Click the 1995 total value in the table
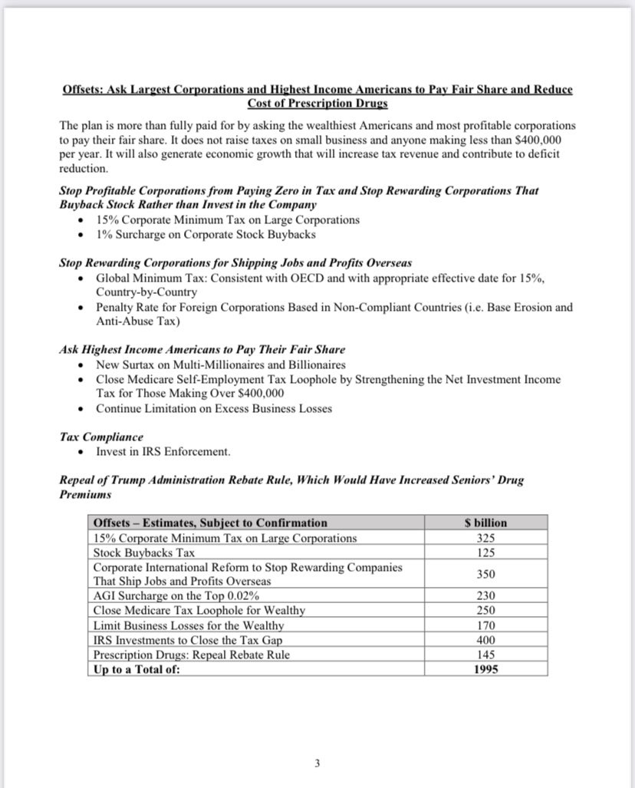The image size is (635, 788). pos(485,669)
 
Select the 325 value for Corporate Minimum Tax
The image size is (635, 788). pos(485,538)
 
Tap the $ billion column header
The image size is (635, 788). pos(485,523)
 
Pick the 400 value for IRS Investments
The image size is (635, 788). pos(485,640)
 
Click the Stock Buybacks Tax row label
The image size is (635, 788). pos(143,552)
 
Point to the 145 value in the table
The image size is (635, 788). pos(485,654)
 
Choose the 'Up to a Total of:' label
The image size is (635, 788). pos(137,669)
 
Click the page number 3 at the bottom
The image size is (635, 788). pos(317,763)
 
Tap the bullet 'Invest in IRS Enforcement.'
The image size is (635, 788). pos(163,451)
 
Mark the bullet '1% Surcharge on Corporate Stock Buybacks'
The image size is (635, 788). pos(206,234)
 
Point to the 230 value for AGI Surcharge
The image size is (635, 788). pos(485,595)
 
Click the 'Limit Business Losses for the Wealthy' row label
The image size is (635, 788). pos(189,625)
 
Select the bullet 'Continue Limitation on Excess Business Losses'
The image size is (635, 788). pos(214,408)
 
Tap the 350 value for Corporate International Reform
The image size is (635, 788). pos(485,574)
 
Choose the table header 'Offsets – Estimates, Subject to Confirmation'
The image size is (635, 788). pos(210,523)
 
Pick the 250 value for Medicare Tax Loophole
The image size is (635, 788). pos(485,610)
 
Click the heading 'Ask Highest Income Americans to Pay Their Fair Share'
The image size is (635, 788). pos(202,349)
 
